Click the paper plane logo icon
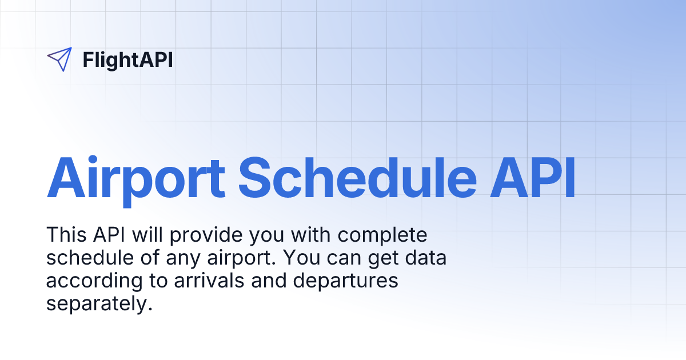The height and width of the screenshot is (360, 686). click(x=59, y=59)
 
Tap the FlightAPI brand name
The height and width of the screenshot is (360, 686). click(x=127, y=59)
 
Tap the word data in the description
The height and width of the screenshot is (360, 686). click(x=422, y=258)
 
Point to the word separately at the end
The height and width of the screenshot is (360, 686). click(x=100, y=304)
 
